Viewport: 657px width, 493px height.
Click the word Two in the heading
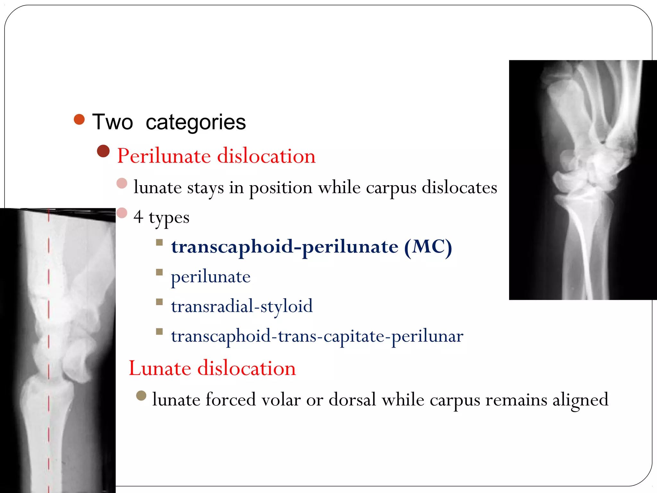pyautogui.click(x=112, y=122)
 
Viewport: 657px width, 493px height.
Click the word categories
pyautogui.click(x=196, y=123)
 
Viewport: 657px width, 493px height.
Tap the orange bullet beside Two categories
pyautogui.click(x=79, y=119)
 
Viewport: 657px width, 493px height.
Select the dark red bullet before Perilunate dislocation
pyautogui.click(x=103, y=151)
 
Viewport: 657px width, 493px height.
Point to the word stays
pyautogui.click(x=205, y=187)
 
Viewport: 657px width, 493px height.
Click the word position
pyautogui.click(x=281, y=188)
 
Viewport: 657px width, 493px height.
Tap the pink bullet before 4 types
pyautogui.click(x=122, y=213)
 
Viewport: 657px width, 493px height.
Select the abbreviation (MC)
pyautogui.click(x=428, y=247)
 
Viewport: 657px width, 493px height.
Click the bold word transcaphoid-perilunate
pyautogui.click(x=285, y=247)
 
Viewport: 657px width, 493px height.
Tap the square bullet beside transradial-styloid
pyautogui.click(x=159, y=302)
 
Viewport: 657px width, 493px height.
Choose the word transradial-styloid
pyautogui.click(x=242, y=306)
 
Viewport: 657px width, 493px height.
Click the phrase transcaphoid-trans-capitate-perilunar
pyautogui.click(x=317, y=336)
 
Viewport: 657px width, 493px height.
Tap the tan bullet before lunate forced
pyautogui.click(x=141, y=395)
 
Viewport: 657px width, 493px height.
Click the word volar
pyautogui.click(x=281, y=400)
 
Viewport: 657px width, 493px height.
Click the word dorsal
pyautogui.click(x=352, y=400)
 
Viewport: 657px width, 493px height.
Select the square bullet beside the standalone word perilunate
pyautogui.click(x=159, y=272)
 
